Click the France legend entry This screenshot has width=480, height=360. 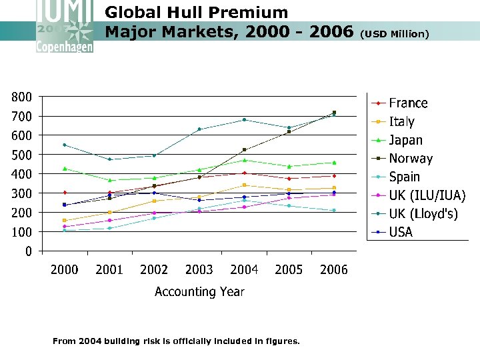tap(408, 103)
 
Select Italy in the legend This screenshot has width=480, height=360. tap(401, 122)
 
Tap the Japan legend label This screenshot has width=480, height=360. tap(405, 140)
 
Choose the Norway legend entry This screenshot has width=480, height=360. tap(411, 159)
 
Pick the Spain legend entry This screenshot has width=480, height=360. tap(404, 177)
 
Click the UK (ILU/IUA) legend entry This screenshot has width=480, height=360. tap(427, 195)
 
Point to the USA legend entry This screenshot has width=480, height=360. tap(401, 232)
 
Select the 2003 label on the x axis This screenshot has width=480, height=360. tap(199, 270)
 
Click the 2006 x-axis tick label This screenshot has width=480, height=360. tap(334, 270)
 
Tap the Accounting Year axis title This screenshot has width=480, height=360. tap(199, 292)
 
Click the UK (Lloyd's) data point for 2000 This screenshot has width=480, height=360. tap(65, 145)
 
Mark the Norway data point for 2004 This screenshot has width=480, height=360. tap(244, 150)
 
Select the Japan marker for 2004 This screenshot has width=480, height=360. tap(244, 160)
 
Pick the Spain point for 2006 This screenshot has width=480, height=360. tap(334, 211)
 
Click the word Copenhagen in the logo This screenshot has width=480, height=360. tap(65, 47)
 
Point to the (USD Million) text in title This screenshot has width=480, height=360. tap(395, 33)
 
